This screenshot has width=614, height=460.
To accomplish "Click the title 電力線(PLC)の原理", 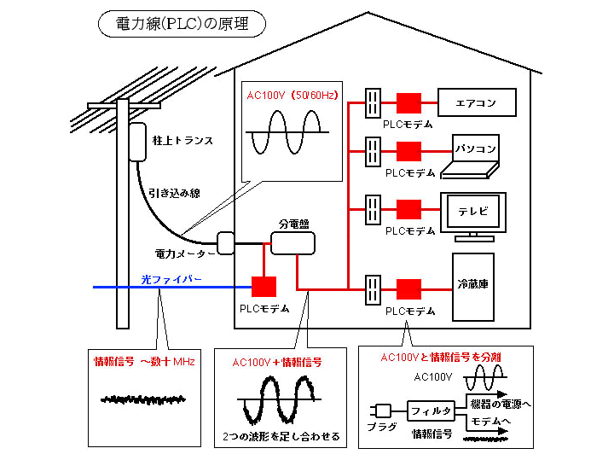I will click(x=182, y=24).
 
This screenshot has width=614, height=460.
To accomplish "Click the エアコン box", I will click(x=478, y=103).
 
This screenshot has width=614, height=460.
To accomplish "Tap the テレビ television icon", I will click(x=472, y=212).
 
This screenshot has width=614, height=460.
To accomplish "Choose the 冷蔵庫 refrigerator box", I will click(x=472, y=282).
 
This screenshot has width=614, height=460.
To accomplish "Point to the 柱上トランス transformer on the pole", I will click(x=138, y=142).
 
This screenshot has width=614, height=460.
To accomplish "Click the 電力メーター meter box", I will click(x=226, y=243).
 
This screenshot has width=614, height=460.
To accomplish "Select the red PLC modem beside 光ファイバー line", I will click(x=265, y=288).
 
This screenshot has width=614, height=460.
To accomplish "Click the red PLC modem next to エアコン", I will click(x=408, y=104).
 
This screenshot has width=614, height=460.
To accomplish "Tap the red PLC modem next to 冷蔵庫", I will click(x=408, y=288).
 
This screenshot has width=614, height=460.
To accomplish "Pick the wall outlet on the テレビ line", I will click(x=373, y=208).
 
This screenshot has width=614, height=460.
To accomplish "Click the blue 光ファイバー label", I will click(x=171, y=279).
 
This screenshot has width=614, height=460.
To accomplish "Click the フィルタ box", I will click(x=431, y=411).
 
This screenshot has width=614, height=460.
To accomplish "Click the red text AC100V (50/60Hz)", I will click(x=292, y=96).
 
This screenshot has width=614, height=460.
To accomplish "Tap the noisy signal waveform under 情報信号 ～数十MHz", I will click(x=143, y=399).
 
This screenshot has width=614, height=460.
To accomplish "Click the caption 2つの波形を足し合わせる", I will click(x=280, y=437).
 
